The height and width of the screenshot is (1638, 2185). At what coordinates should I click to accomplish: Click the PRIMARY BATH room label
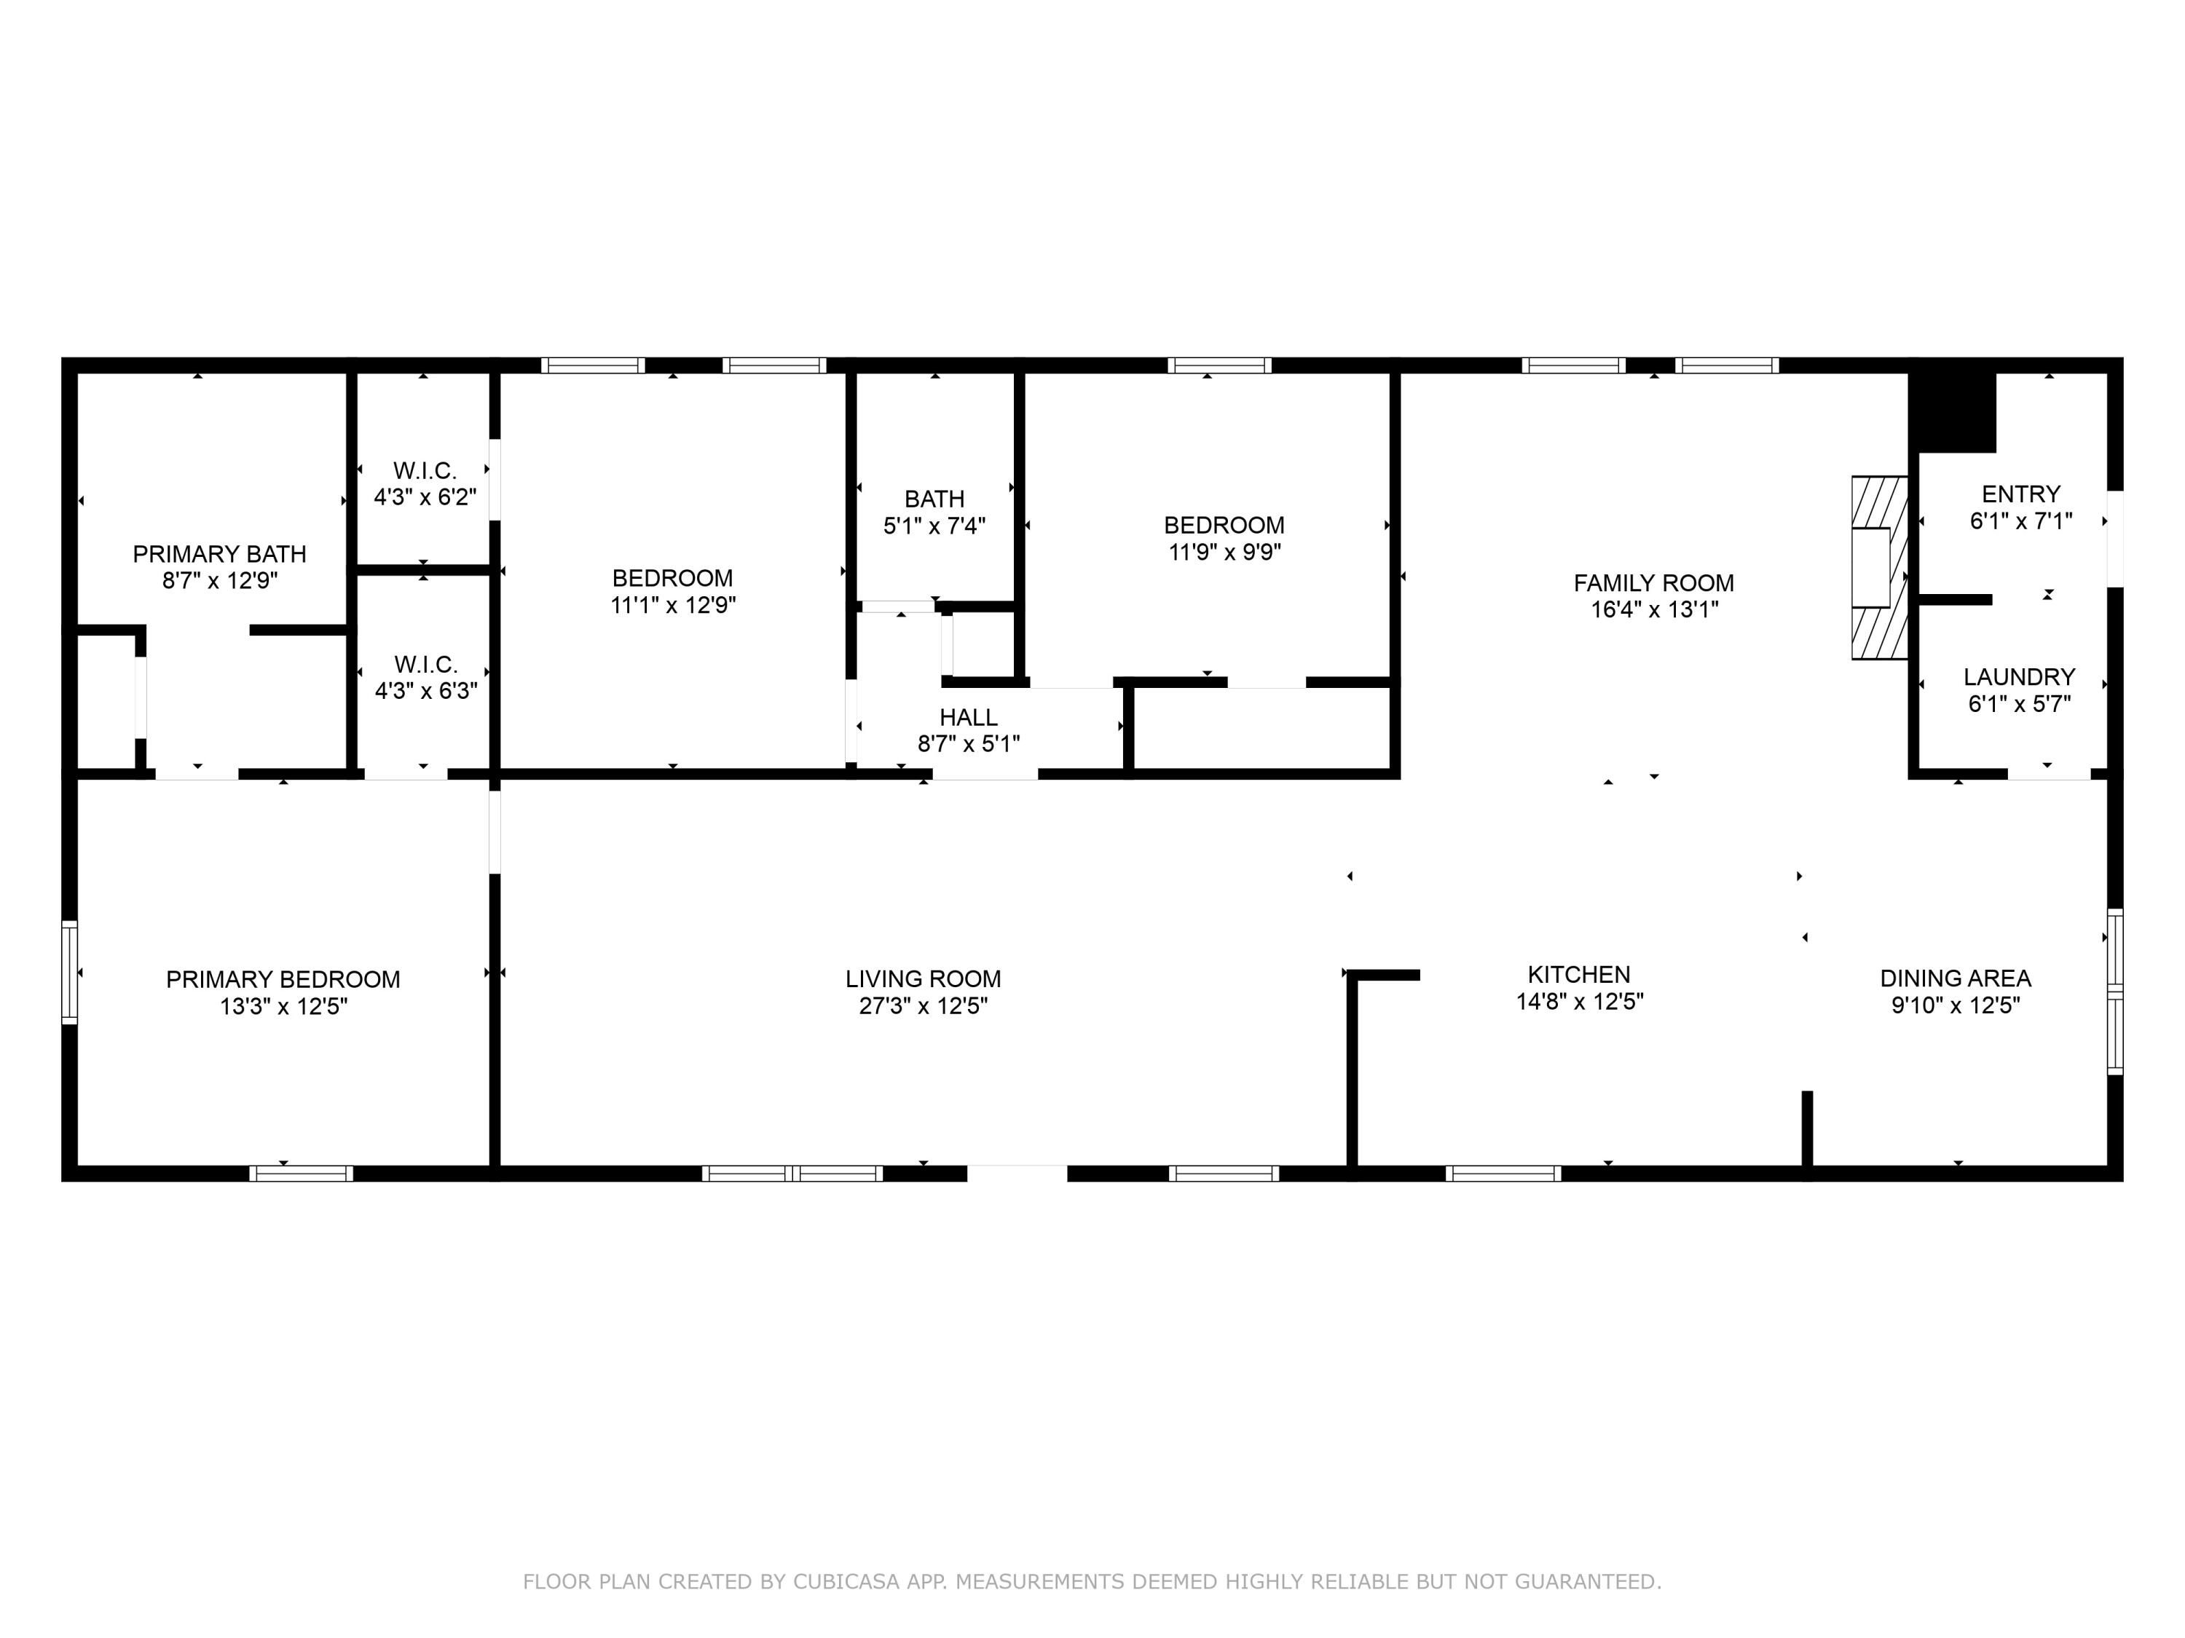click(x=219, y=554)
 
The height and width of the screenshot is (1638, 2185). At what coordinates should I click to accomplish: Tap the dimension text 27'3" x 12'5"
click(x=923, y=1005)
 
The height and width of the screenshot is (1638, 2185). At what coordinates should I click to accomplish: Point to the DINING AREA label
click(x=1955, y=978)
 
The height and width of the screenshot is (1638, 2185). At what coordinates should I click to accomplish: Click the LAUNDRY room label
click(x=2019, y=677)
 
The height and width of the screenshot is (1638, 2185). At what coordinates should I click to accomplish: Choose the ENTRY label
click(x=2021, y=494)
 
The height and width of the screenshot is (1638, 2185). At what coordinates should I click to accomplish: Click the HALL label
click(x=968, y=718)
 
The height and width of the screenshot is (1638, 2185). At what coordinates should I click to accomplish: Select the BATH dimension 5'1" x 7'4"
click(x=934, y=526)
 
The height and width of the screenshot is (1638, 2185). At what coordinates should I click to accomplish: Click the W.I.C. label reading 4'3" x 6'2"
click(x=425, y=471)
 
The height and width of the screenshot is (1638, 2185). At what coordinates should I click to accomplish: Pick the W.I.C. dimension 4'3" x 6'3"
click(x=426, y=691)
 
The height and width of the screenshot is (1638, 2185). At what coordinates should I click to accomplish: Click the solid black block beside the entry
click(x=1952, y=413)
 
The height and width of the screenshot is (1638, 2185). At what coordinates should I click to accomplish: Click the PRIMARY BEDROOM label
click(x=283, y=979)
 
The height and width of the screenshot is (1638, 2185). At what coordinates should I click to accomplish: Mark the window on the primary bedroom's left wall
click(x=69, y=973)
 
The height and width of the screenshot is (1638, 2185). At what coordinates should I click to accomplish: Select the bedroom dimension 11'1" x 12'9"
click(x=673, y=605)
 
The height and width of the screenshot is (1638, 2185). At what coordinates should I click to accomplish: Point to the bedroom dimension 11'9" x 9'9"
click(x=1224, y=552)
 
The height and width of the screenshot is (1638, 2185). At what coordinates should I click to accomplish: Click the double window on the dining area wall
click(x=2114, y=992)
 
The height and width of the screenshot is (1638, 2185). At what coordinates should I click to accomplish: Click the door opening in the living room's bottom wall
click(x=1017, y=1173)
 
